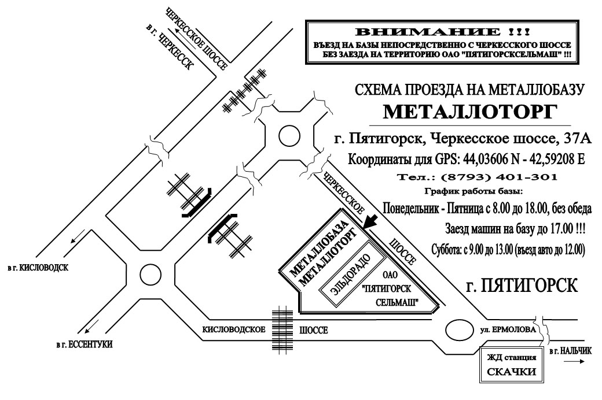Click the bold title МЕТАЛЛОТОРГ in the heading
pos(470,112)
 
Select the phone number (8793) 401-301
pos(499,177)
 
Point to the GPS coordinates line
pos(466,159)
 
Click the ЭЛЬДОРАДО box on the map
pos(352,274)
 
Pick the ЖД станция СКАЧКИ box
pos(511,365)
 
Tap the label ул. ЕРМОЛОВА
pos(508,330)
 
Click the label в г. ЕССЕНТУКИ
pos(84,345)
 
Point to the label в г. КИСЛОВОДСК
pos(37,267)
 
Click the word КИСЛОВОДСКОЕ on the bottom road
pos(234,330)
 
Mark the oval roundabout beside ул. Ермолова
pos(460,329)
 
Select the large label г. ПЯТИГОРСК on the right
pos(522,286)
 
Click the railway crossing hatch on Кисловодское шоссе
pos(282,329)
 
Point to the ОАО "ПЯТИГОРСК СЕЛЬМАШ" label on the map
pos(391,288)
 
